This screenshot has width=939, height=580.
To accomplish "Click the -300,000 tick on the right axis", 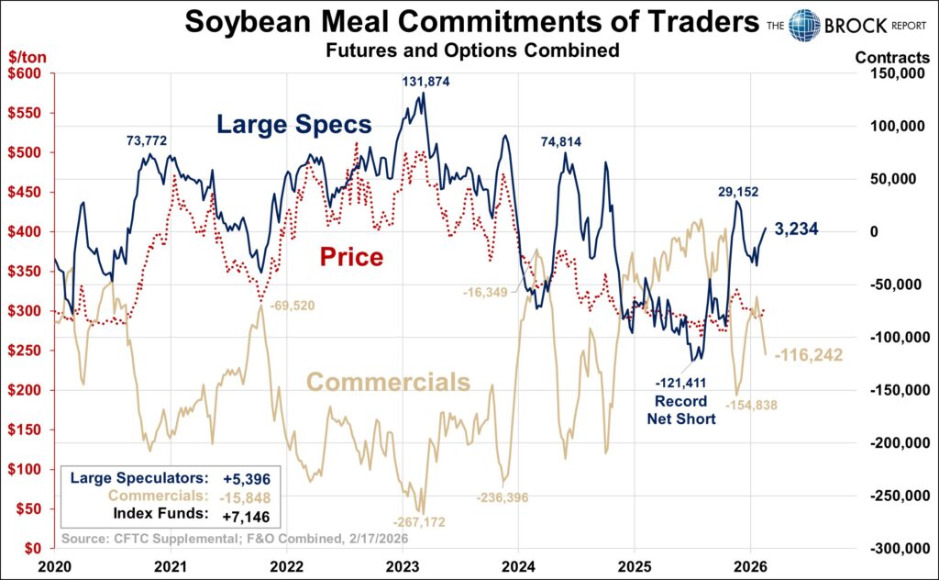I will pos(895,548).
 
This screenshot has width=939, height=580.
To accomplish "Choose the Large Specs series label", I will pos(294,125).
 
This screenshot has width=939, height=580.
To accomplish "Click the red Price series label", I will pos(351,257).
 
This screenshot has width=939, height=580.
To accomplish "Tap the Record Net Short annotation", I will pos(681,410).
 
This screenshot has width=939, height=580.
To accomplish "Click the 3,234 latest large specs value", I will pos(795,229).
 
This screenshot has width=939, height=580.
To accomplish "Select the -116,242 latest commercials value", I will pos(809,354).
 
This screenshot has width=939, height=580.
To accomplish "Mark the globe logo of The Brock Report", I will pos(804,26).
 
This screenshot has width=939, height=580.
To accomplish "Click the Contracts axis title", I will pos(891,57).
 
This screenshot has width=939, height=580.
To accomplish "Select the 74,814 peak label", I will pos(560,141).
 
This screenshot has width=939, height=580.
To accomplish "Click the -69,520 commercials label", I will pos(290,305).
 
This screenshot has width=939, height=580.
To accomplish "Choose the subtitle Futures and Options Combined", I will pos(472,51).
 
